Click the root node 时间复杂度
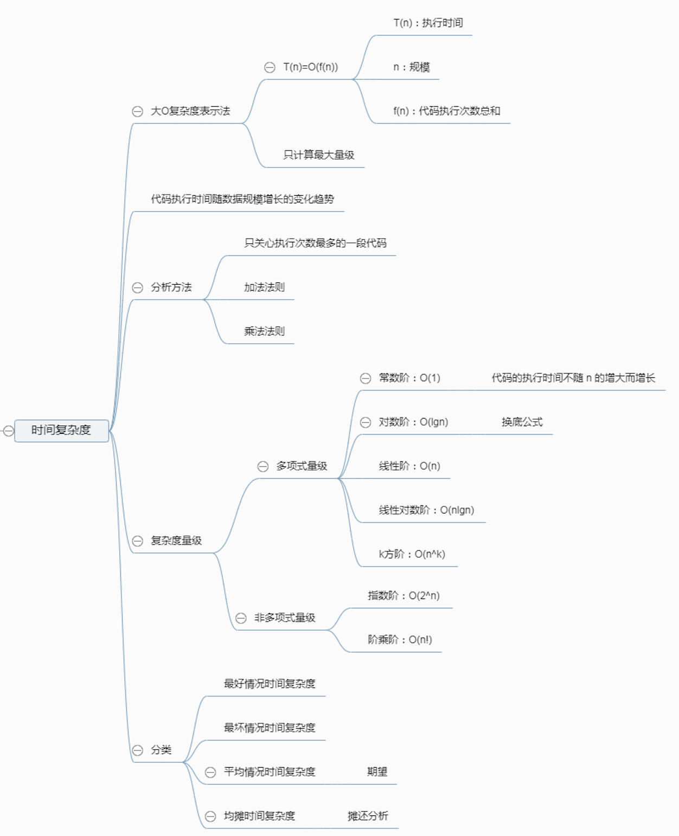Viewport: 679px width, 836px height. click(x=61, y=430)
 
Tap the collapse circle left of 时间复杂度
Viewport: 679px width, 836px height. click(x=8, y=431)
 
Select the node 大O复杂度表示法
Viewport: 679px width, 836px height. click(x=190, y=111)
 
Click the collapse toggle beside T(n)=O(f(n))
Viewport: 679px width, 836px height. click(x=270, y=67)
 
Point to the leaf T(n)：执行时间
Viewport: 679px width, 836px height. click(x=428, y=23)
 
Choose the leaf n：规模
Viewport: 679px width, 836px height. click(x=411, y=67)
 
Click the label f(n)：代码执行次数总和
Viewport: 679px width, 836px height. click(x=446, y=111)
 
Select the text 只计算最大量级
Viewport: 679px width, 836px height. click(x=318, y=155)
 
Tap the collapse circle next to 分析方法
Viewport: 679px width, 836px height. click(x=138, y=287)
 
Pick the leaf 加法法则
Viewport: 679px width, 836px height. click(x=264, y=287)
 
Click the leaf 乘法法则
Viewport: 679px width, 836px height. click(x=264, y=331)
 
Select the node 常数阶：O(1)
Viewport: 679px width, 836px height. click(x=409, y=378)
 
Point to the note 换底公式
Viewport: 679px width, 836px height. click(x=522, y=422)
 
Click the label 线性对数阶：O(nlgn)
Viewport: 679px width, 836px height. click(x=426, y=510)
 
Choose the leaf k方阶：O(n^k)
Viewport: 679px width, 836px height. click(x=412, y=554)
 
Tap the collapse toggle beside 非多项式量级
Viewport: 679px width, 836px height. click(x=241, y=618)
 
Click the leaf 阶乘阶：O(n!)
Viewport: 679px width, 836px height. click(x=400, y=640)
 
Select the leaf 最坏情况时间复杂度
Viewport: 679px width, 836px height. click(x=270, y=728)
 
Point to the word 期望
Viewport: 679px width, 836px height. click(x=377, y=771)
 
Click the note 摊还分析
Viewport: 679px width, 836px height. click(x=368, y=816)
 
